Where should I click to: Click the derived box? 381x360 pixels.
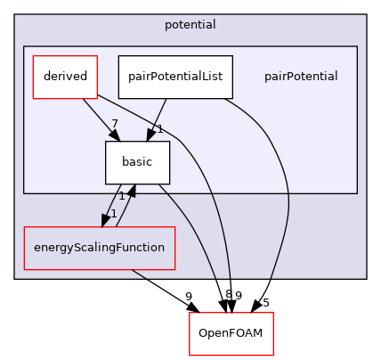tap(65, 77)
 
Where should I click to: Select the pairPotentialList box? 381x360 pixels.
tap(175, 77)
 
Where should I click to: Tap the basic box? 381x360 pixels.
tap(137, 162)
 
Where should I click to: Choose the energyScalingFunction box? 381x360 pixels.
tap(99, 247)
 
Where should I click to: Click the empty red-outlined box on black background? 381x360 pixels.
tap(231, 334)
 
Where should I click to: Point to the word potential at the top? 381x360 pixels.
tap(190, 24)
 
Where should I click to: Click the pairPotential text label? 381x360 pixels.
tap(300, 77)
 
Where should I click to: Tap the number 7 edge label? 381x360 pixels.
tap(115, 123)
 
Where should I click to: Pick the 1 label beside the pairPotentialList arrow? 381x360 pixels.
tap(159, 129)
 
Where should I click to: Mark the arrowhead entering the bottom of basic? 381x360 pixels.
tap(133, 191)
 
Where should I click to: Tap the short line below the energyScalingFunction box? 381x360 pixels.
tap(140, 274)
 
